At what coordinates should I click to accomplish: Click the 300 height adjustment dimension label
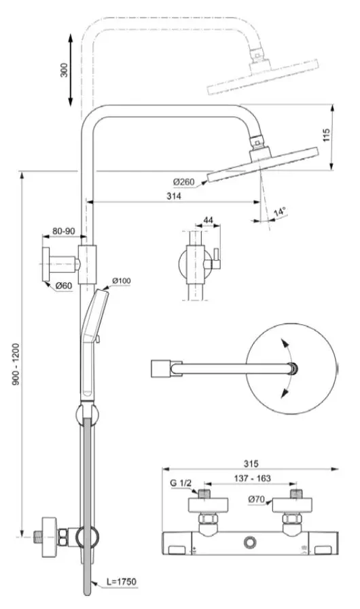point(65,70)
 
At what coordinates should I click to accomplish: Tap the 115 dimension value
point(327,135)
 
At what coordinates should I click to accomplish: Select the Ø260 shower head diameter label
point(184,181)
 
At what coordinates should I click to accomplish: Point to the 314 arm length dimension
point(174,196)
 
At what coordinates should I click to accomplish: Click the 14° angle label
point(279,212)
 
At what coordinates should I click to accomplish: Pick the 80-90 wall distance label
point(64,231)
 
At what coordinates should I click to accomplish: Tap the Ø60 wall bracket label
point(64,286)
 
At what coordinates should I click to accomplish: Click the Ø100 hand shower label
point(122,281)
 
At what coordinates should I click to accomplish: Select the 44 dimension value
point(208,220)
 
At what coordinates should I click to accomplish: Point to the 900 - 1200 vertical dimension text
point(16,364)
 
